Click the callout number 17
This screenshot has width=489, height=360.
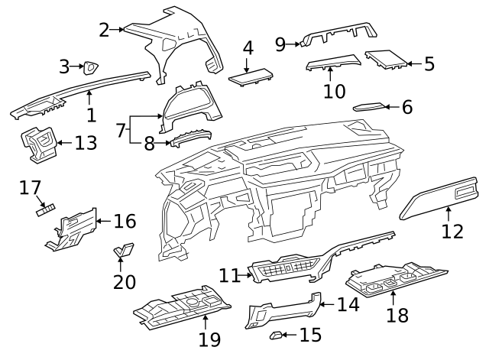pos(30,186)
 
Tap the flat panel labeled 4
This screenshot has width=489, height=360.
pos(251,76)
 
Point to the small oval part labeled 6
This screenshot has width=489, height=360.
pos(371,106)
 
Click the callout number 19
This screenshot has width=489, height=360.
pos(209,339)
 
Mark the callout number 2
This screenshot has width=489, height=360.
pos(105,30)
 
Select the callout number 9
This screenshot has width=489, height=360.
pos(280,44)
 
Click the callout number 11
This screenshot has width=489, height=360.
pos(228,274)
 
